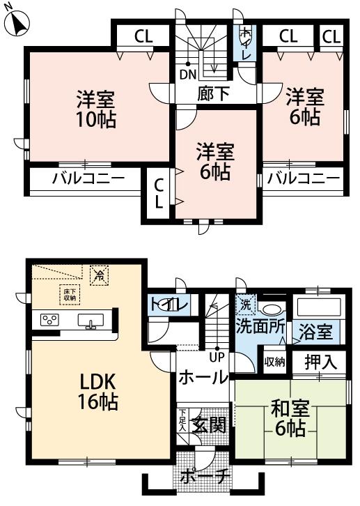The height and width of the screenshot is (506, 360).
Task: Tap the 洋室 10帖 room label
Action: [x=95, y=108]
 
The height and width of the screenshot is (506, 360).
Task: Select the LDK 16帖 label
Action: [x=95, y=392]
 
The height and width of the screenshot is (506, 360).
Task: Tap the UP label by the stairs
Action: [x=217, y=358]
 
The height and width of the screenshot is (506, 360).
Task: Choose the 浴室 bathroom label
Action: [x=315, y=330]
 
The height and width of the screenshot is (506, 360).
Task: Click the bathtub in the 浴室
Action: [x=318, y=307]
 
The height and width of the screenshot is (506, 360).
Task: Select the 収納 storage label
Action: [x=274, y=361]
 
